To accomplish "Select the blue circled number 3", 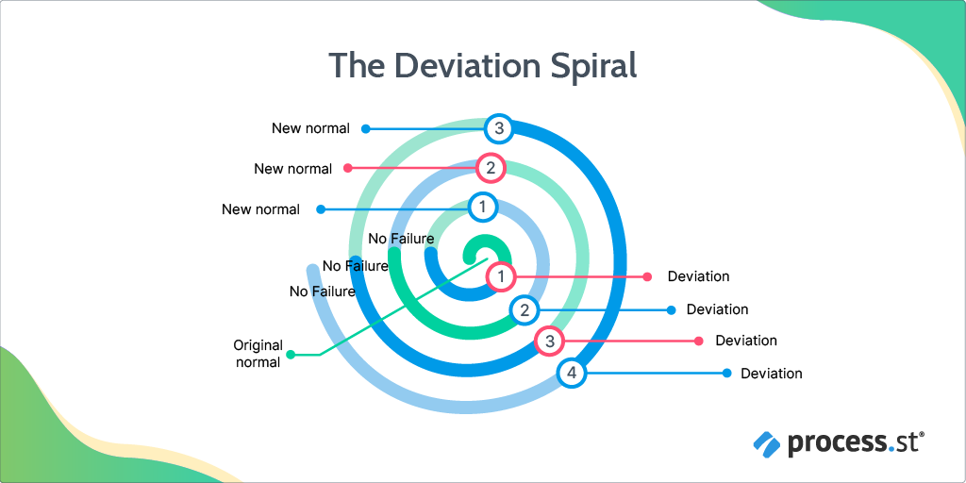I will (499, 128).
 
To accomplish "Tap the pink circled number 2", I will (491, 169).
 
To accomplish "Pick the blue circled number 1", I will (482, 206).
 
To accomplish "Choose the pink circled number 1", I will (501, 276).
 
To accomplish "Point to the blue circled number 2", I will (525, 309).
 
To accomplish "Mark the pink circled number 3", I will (549, 341).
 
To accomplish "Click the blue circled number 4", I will (571, 374).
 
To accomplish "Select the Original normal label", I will (258, 354).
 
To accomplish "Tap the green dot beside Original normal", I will (291, 355).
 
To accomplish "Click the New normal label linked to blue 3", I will (310, 128).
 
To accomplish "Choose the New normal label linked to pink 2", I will (292, 169).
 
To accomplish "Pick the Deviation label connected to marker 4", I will (771, 374).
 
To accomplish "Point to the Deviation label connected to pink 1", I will (698, 276).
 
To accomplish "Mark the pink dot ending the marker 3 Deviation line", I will (699, 341).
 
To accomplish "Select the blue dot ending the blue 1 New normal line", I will (321, 209).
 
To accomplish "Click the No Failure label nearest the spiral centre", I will (401, 239).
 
